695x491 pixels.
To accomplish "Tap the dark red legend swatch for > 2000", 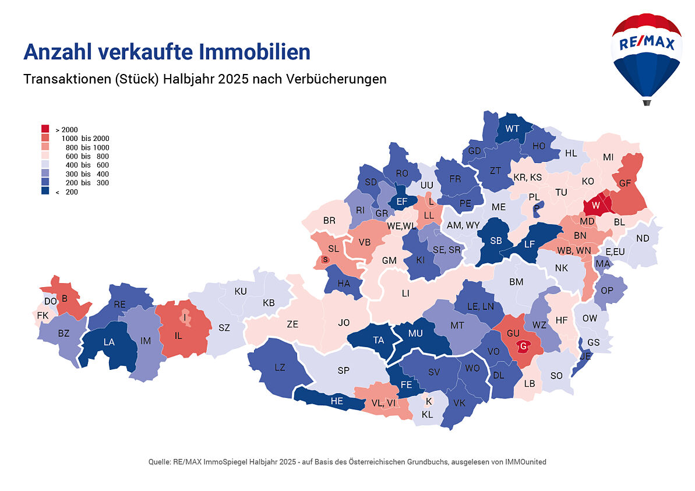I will point(45,128).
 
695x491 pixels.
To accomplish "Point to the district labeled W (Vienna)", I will point(595,206).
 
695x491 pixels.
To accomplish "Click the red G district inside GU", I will point(523,346).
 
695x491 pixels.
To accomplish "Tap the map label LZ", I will point(280,367).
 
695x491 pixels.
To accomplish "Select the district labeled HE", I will point(337,401).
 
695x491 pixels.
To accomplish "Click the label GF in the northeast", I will point(625,183).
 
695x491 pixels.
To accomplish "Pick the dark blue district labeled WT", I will point(513,129).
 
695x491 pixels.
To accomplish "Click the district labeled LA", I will point(109,342).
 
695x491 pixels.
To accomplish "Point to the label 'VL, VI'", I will point(383,402).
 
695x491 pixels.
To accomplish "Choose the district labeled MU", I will point(415,333).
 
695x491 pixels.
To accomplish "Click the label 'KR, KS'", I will point(527,177).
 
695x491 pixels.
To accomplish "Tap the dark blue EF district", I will point(401,202).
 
